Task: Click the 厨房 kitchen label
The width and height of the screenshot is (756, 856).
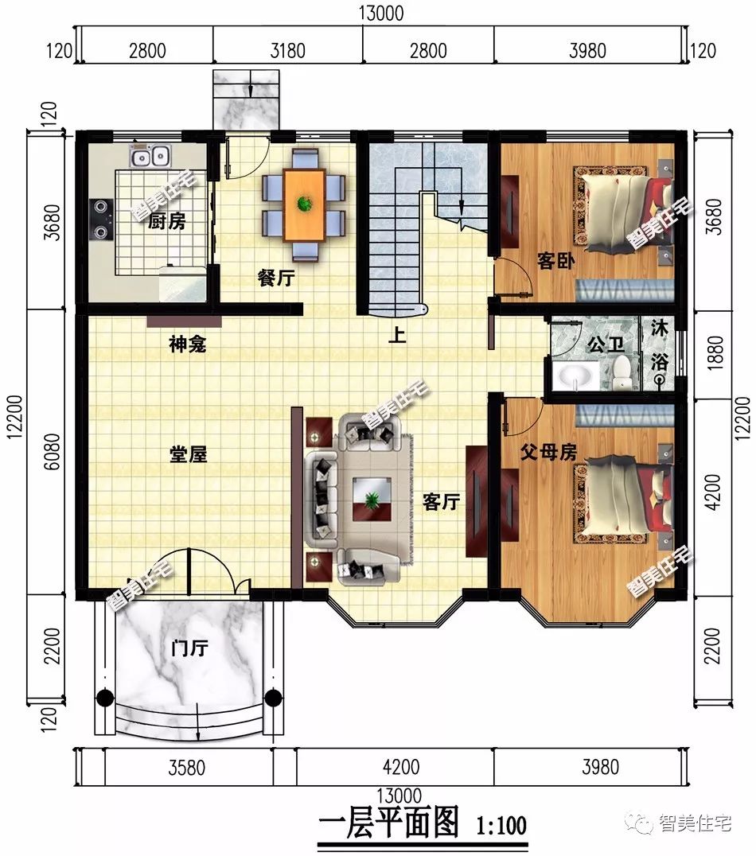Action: (167, 221)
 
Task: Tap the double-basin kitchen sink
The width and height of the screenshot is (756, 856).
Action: (150, 156)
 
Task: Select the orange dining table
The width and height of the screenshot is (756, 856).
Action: (304, 204)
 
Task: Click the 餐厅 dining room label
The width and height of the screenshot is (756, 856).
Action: (276, 278)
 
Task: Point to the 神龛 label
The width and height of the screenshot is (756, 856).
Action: (187, 344)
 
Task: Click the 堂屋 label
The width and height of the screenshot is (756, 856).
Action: (189, 454)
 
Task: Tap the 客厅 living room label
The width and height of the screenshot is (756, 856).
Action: (442, 502)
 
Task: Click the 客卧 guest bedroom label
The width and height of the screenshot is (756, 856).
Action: (556, 260)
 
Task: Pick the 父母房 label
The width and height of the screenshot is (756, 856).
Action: (548, 452)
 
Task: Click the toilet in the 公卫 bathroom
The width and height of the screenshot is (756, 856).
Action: (621, 372)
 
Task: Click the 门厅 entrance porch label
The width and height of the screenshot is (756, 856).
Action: (189, 648)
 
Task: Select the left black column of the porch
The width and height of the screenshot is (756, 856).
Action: (105, 698)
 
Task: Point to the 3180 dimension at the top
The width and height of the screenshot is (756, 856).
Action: (288, 51)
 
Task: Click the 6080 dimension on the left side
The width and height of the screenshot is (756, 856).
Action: (52, 452)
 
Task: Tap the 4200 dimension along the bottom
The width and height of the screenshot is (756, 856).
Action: (401, 767)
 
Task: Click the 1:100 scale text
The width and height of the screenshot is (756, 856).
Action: (501, 826)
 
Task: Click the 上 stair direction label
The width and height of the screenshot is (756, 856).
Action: (397, 334)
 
